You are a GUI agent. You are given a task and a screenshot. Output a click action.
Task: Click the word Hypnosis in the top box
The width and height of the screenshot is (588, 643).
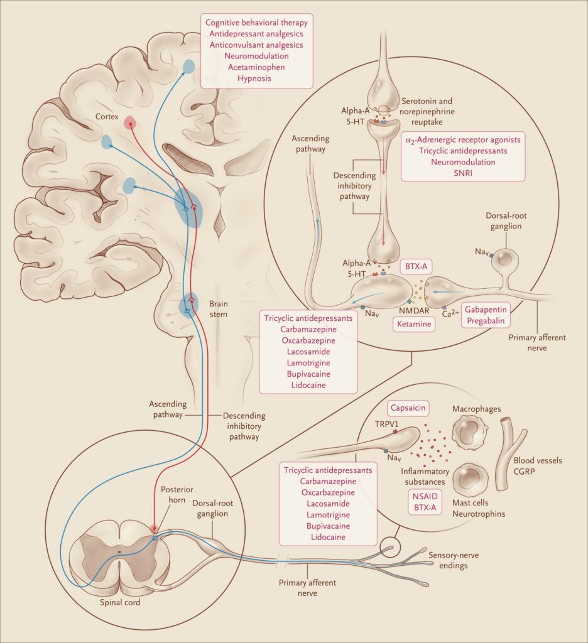tap(254, 78)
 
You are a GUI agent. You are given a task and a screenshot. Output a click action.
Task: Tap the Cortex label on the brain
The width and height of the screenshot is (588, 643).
tap(107, 116)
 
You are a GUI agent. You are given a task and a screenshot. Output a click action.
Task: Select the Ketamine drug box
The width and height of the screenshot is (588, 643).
tap(414, 324)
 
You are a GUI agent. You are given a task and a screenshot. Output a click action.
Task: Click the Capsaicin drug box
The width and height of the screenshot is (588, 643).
tap(408, 408)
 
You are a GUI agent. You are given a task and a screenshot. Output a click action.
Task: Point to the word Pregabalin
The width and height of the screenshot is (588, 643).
tap(486, 321)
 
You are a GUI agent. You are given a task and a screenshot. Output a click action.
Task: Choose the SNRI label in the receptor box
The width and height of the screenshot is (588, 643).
tap(463, 173)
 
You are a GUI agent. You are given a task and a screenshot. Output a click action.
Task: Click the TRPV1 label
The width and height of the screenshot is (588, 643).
tap(386, 424)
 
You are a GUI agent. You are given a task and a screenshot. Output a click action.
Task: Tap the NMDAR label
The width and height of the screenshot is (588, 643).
tap(414, 311)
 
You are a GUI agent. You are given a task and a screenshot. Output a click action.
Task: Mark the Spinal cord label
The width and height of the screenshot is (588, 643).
tap(120, 602)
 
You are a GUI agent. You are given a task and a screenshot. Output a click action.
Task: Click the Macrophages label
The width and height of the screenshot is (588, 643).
tap(476, 409)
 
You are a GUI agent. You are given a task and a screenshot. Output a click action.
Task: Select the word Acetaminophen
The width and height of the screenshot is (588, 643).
tap(256, 67)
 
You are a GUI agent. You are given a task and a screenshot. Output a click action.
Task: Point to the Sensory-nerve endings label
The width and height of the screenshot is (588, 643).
tap(454, 561)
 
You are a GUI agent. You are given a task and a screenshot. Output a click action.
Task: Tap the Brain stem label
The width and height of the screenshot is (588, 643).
tap(218, 309)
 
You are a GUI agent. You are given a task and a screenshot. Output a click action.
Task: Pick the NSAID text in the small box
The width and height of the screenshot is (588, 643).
tap(425, 496)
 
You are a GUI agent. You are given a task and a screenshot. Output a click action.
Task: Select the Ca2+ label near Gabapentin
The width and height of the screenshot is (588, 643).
tap(450, 314)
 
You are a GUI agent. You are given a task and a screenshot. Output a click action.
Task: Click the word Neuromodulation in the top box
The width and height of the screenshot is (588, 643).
tap(256, 56)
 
